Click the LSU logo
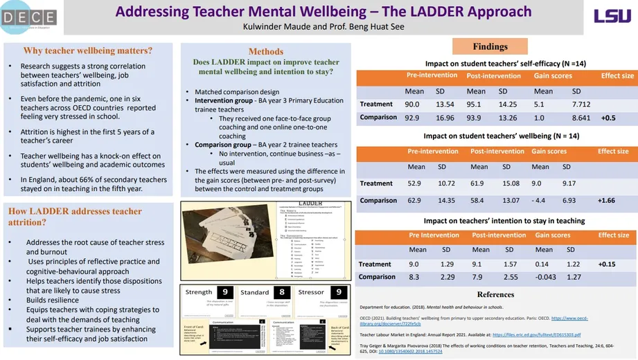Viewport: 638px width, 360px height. coord(612,16)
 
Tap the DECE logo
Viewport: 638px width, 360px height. coord(29,17)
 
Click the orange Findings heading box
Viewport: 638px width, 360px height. coord(490,46)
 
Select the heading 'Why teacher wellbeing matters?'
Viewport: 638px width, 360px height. coord(87,51)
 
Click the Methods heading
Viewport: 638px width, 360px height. coord(266,51)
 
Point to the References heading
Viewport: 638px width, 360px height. coord(495,294)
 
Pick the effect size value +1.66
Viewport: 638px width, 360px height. coord(606,201)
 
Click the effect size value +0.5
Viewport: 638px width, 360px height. coord(608,118)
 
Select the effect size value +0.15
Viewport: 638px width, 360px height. coord(607,264)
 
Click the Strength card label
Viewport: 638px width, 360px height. coord(200,292)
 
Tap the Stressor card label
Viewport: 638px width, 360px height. coord(311,292)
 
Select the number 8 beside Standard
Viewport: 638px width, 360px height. coord(281,292)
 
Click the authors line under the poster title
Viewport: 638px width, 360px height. coord(323,27)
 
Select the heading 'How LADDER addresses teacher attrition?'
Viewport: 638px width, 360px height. coord(75,217)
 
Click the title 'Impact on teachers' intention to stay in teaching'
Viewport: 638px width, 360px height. coord(495,221)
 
